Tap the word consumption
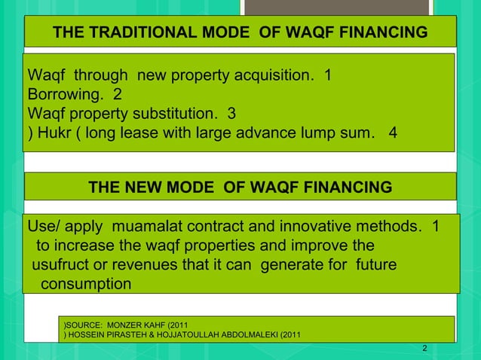coord(85,285)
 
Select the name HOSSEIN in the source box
coord(90,335)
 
